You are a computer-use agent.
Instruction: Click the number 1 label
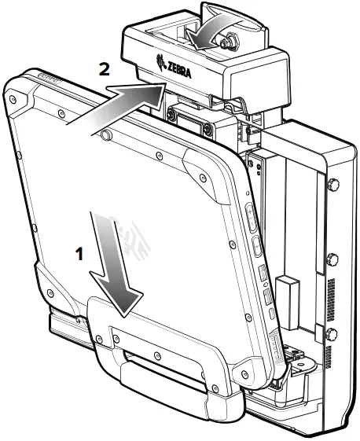pyautogui.click(x=78, y=254)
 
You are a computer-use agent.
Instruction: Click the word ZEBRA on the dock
pyautogui.click(x=182, y=70)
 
